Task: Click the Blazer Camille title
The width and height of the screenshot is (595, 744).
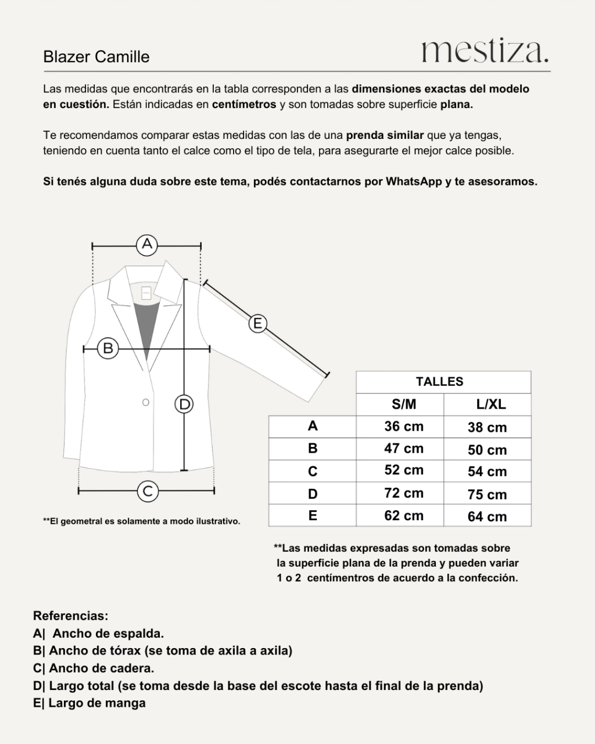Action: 96,57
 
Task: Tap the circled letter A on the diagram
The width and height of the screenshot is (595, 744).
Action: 147,244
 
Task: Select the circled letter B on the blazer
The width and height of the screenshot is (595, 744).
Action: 107,349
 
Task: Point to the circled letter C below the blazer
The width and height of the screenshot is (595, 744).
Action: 148,491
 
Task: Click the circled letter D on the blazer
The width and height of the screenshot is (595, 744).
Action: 184,403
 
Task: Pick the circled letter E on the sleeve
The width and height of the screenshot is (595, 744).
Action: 257,323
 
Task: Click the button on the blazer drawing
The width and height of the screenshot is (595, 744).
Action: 146,402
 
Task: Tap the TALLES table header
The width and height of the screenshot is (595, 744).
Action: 439,382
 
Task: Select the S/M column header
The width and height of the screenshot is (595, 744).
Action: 404,405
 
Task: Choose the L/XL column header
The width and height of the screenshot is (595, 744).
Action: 487,405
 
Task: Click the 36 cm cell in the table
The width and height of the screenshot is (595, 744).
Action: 404,427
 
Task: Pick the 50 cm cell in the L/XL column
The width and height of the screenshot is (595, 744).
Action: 487,450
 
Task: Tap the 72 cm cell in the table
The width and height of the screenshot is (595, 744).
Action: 404,493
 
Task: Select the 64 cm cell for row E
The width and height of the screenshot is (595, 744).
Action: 487,517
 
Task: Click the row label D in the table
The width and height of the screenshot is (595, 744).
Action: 313,494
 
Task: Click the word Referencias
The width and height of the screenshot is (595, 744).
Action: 71,616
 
